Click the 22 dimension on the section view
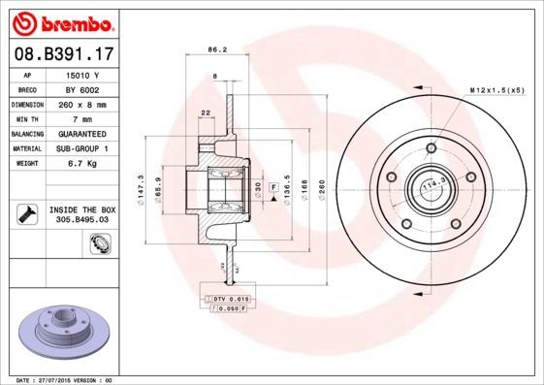pyautogui.click(x=205, y=113)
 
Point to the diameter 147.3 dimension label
pyautogui.click(x=143, y=184)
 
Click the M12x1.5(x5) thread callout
pyautogui.click(x=496, y=90)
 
